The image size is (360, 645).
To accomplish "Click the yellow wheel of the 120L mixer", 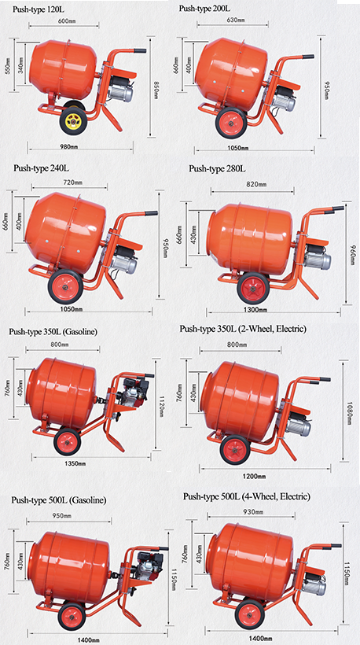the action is pyautogui.click(x=72, y=120).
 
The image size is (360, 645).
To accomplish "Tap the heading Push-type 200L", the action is pyautogui.click(x=204, y=8).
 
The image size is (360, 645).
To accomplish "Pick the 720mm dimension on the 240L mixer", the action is pyautogui.click(x=70, y=182).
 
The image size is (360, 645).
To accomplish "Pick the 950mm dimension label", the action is pyautogui.click(x=62, y=516).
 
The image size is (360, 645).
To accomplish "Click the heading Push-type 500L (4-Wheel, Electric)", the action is pyautogui.click(x=247, y=497).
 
